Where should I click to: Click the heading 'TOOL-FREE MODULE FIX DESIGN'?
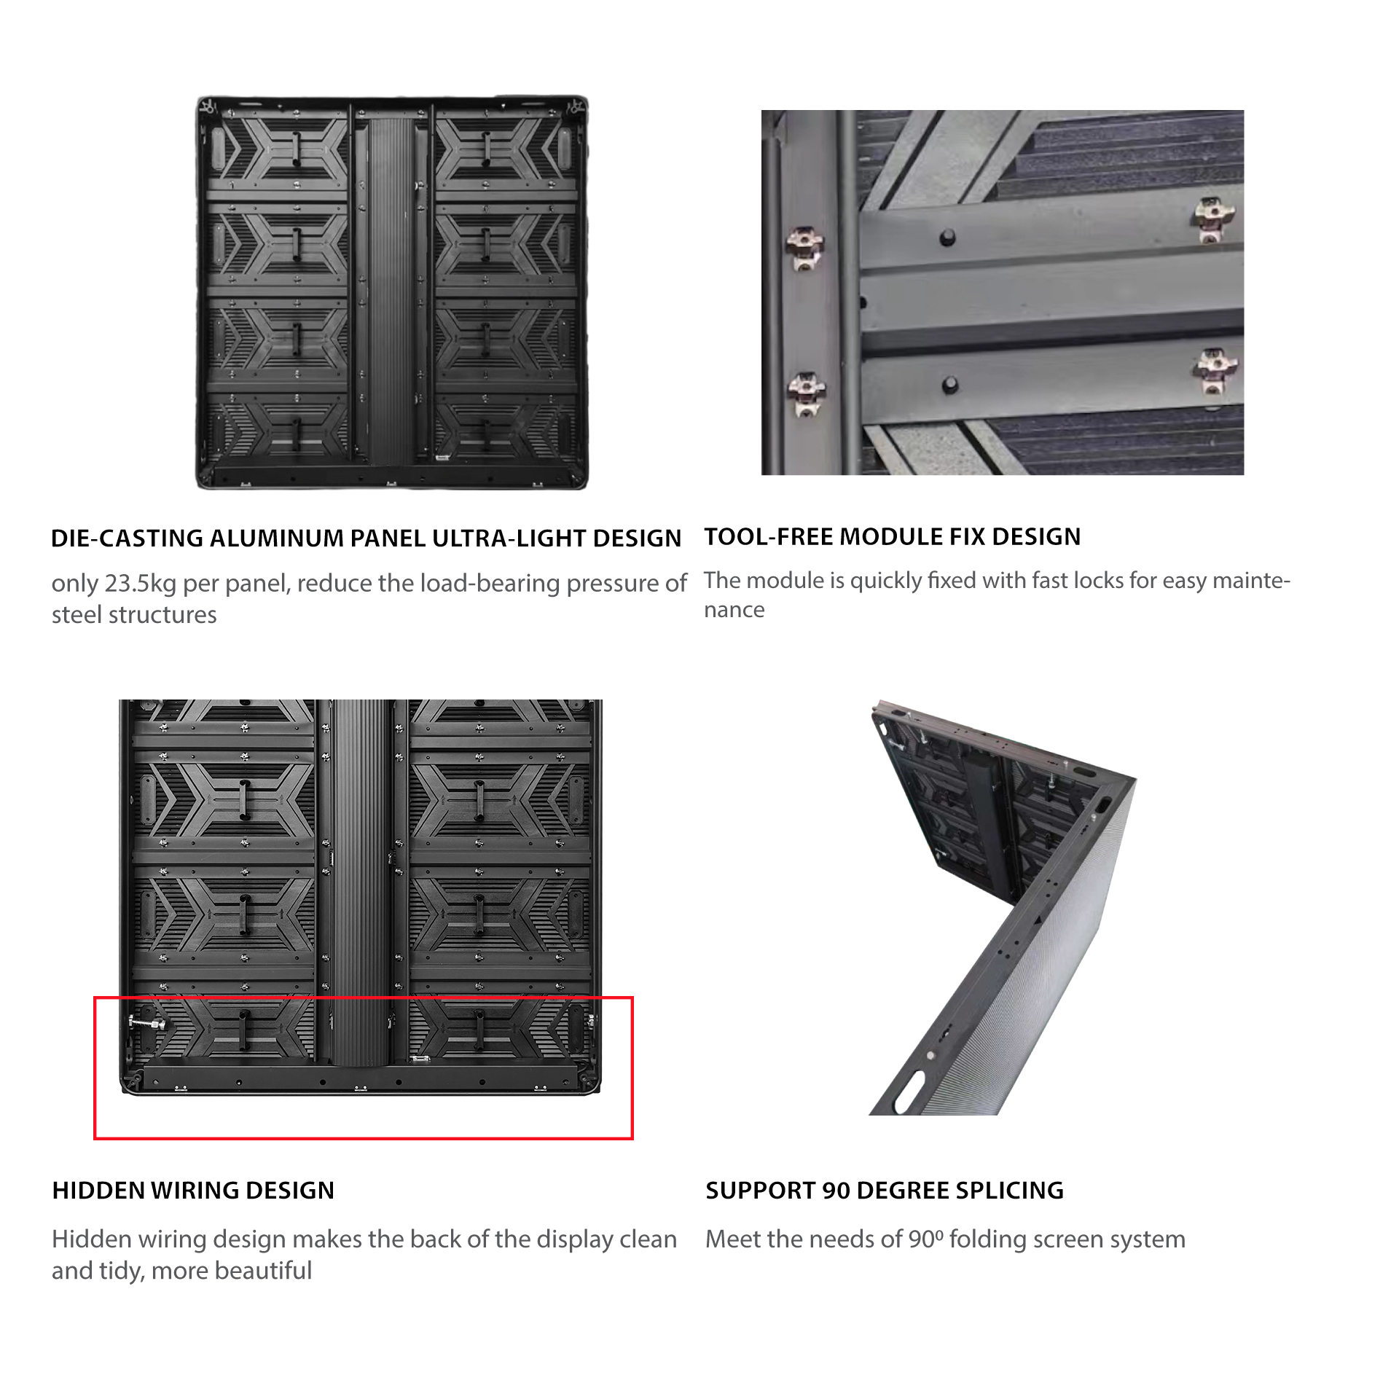click(x=892, y=537)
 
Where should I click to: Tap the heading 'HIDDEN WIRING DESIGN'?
click(x=193, y=1190)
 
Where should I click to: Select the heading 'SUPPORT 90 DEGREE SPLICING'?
click(x=885, y=1190)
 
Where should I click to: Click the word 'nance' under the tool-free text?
click(x=734, y=610)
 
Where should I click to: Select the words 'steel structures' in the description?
click(x=134, y=615)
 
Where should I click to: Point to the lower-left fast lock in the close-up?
click(x=806, y=393)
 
